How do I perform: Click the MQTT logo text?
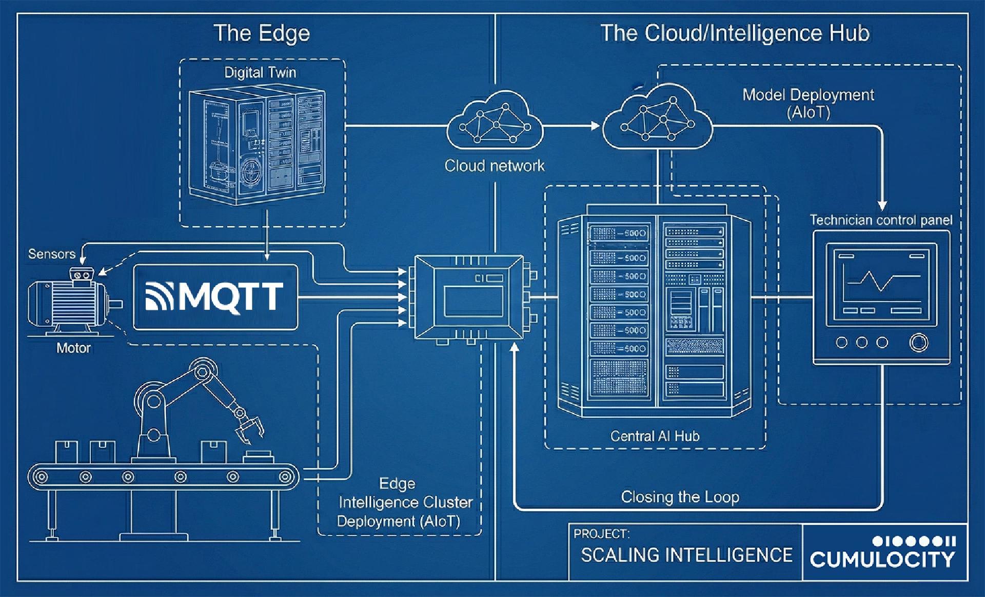(231, 296)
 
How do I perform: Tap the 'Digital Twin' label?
(260, 72)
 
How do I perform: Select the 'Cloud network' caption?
(494, 166)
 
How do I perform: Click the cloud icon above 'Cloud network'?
(495, 121)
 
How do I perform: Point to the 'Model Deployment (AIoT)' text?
(808, 103)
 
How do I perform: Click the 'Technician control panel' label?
(881, 220)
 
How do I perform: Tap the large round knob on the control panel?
(918, 342)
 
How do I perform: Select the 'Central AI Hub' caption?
(655, 436)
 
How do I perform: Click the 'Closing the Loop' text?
(680, 496)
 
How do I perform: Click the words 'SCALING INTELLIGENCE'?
(686, 555)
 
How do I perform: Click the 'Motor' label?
(73, 348)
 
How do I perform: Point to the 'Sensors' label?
(51, 254)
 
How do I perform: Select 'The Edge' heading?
(262, 33)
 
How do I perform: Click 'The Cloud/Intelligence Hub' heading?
(735, 33)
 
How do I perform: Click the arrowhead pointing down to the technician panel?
(882, 205)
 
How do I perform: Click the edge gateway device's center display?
(473, 302)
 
